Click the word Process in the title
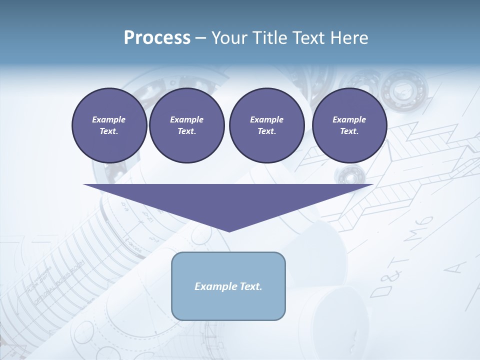tap(157, 38)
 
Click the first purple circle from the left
tap(109, 125)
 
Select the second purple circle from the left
tap(186, 125)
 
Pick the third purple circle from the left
tap(266, 125)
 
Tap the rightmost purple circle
tap(349, 125)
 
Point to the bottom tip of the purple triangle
tap(228, 231)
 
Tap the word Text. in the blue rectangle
tap(250, 286)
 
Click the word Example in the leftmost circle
tap(109, 119)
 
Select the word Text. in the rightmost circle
tap(349, 131)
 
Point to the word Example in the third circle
tap(266, 119)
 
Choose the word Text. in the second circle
tap(186, 131)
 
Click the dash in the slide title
tap(201, 38)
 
